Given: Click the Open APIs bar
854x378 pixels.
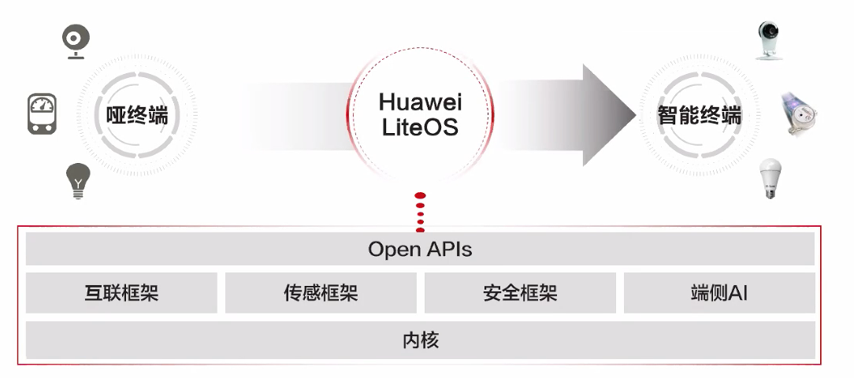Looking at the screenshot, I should click(420, 249).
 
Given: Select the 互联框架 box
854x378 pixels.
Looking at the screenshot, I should click(121, 293).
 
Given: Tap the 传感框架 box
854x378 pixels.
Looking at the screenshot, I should click(321, 293).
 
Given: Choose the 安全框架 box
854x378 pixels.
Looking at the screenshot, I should click(520, 293).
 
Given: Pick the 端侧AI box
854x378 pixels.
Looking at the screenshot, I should click(718, 293).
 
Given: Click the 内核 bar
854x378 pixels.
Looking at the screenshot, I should click(420, 340).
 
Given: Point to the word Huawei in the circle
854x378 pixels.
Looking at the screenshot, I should click(420, 102).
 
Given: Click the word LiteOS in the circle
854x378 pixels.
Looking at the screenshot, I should click(420, 128).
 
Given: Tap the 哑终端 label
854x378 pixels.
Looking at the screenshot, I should click(137, 116).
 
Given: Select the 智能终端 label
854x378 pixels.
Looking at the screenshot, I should click(700, 116).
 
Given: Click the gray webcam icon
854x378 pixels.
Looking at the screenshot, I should click(76, 42).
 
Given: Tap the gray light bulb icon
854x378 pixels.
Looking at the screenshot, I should click(77, 181).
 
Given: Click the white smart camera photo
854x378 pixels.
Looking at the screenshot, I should click(770, 39).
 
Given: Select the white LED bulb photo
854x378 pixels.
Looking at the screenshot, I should click(770, 178).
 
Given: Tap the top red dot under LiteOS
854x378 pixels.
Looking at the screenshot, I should click(420, 195).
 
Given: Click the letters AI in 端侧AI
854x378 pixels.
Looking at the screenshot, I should click(737, 293).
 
